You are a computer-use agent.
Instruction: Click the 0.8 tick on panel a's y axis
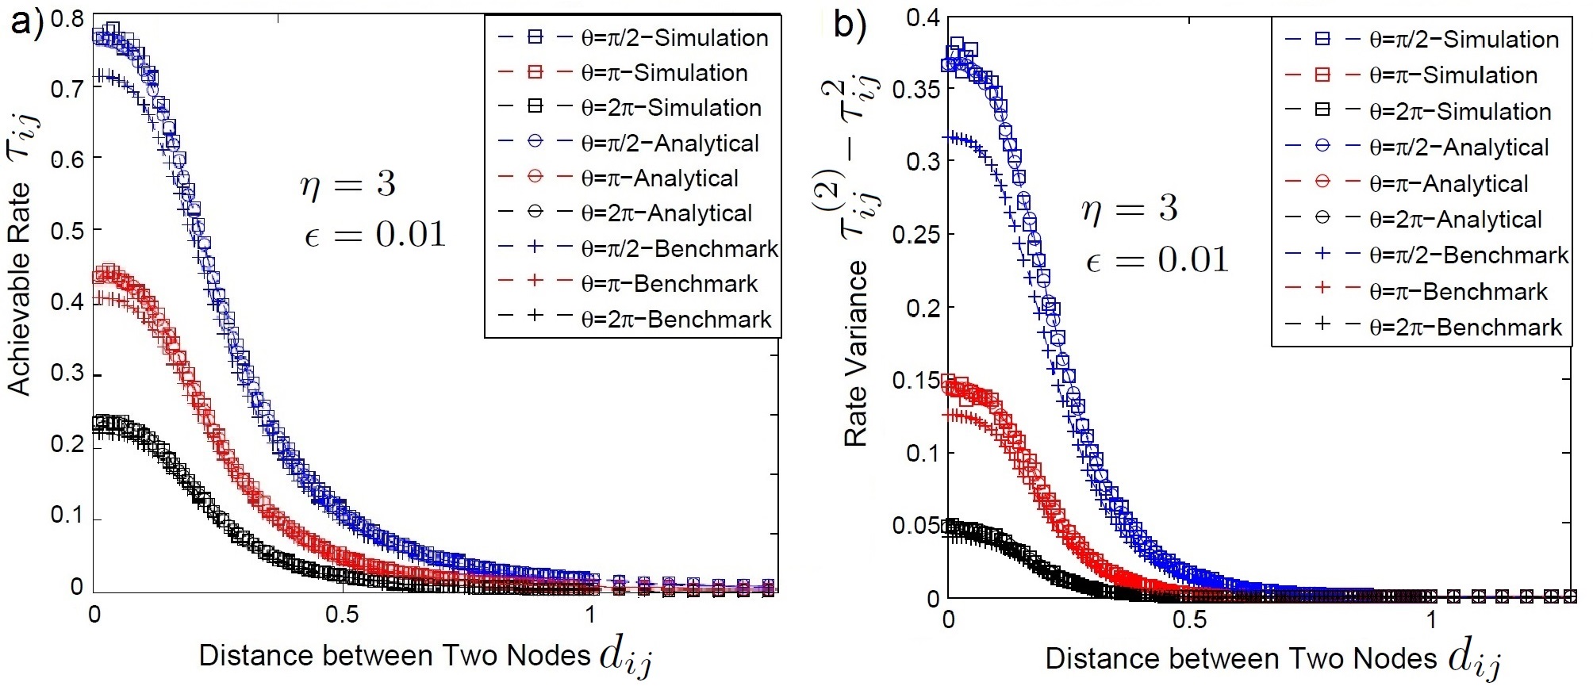coord(67,17)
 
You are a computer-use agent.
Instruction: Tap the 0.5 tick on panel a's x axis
coord(342,615)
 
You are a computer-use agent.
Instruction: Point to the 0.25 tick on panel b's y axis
coord(916,234)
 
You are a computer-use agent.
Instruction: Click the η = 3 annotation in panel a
coord(347,184)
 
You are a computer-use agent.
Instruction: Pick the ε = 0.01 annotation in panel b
coord(1157,260)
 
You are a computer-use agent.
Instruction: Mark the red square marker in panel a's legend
coord(535,72)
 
